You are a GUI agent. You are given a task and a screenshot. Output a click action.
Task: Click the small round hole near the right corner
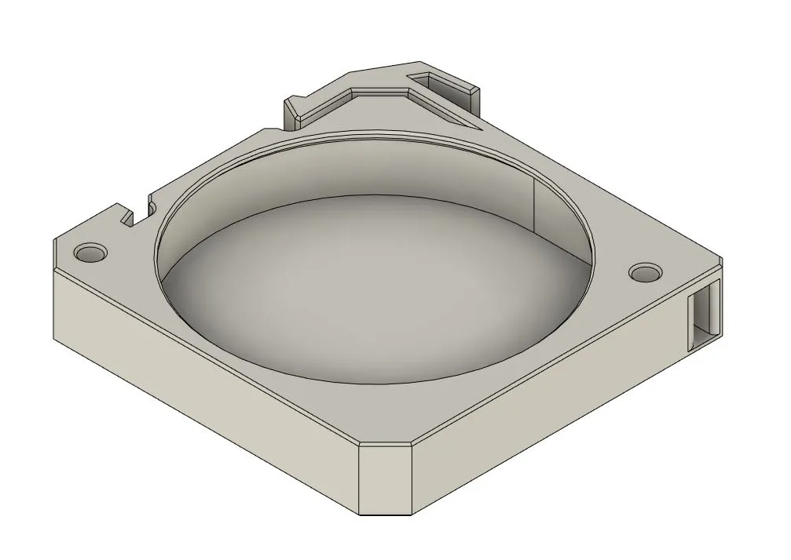click(645, 272)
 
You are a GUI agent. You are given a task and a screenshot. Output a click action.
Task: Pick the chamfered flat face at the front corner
click(385, 480)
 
